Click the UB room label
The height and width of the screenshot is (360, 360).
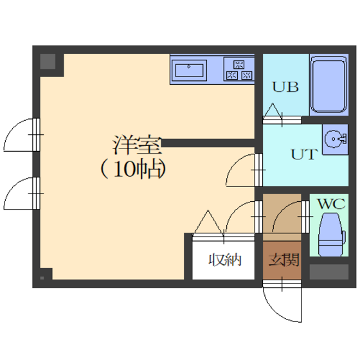[285, 87]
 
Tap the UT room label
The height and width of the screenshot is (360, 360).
[305, 154]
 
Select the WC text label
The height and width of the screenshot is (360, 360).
[331, 204]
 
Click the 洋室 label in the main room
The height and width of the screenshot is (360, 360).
[138, 145]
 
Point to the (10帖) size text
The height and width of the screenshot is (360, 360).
[133, 169]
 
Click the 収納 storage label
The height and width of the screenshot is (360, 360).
[225, 260]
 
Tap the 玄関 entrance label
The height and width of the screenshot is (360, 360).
[283, 260]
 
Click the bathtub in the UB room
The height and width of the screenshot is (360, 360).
[328, 85]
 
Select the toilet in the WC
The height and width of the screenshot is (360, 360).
[331, 234]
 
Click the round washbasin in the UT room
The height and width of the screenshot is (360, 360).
[335, 139]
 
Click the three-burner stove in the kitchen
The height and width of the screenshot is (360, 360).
[239, 69]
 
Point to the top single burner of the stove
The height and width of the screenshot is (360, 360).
[239, 64]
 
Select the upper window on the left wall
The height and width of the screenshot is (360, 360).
[36, 134]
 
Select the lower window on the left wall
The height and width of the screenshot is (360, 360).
[36, 193]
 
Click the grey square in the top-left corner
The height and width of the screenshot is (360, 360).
[48, 62]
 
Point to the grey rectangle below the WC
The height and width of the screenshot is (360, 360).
[329, 272]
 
